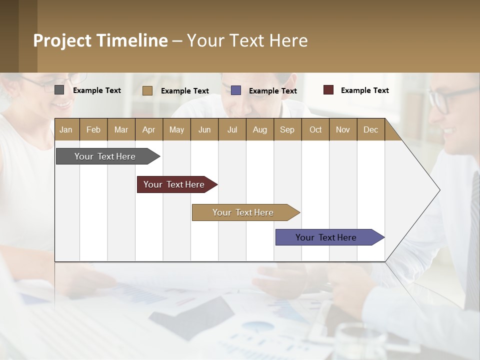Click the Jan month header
pyautogui.click(x=66, y=129)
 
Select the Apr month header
pyautogui.click(x=148, y=129)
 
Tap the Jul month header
pyautogui.click(x=232, y=129)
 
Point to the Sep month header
pyautogui.click(x=287, y=129)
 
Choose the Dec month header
pyautogui.click(x=370, y=129)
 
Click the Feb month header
pyautogui.click(x=93, y=129)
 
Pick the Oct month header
pyautogui.click(x=315, y=129)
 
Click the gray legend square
pyautogui.click(x=59, y=90)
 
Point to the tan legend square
pyautogui.click(x=147, y=90)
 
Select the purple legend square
pyautogui.click(x=236, y=90)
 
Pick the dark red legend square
pyautogui.click(x=328, y=90)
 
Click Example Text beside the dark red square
pyautogui.click(x=364, y=90)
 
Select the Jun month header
pyautogui.click(x=204, y=129)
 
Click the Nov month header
pyautogui.click(x=343, y=129)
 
